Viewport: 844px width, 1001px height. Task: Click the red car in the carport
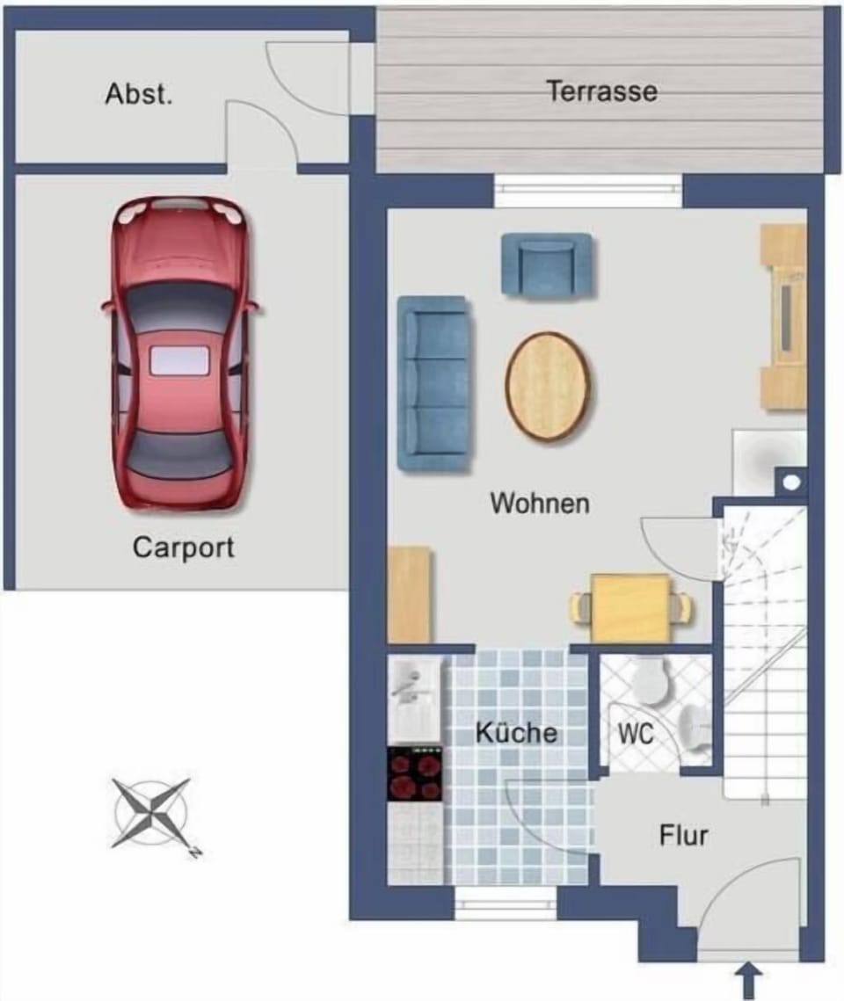[x=181, y=352]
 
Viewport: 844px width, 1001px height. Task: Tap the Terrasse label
[x=602, y=91]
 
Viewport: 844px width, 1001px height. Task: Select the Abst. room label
[x=139, y=94]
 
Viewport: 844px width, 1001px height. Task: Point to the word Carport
[x=183, y=548]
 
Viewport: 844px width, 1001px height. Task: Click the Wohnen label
[x=540, y=503]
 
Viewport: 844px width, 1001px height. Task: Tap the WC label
[x=636, y=734]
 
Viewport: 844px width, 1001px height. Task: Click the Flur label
[x=683, y=835]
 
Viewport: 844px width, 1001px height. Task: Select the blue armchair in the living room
[x=547, y=265]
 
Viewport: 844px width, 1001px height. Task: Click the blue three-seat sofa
[x=434, y=384]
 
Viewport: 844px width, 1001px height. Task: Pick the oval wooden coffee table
[x=547, y=386]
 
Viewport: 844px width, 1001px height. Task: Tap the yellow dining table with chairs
[x=630, y=608]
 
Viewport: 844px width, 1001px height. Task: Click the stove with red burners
[x=415, y=773]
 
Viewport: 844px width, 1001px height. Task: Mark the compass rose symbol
[x=152, y=813]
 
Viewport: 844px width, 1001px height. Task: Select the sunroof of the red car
[x=179, y=360]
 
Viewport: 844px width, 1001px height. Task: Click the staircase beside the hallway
[x=765, y=651]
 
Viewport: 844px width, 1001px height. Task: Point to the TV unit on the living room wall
[x=783, y=316]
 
